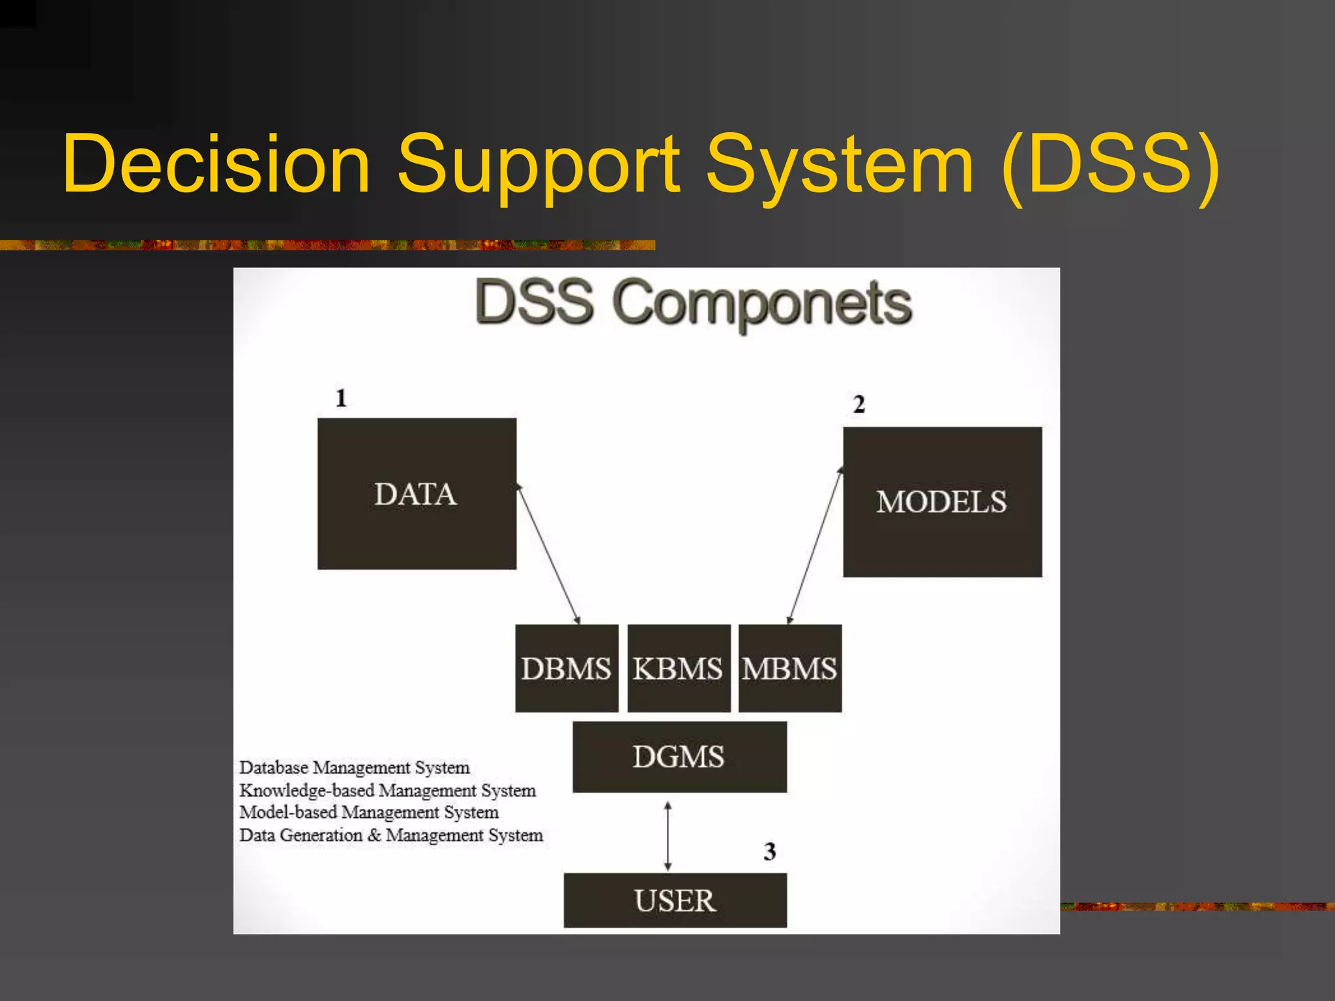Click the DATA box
417,493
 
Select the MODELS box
942,502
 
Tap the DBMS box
566,668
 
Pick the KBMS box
678,668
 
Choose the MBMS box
789,668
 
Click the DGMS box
679,757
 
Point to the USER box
675,900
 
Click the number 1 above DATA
341,398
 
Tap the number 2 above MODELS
858,404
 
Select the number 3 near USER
769,851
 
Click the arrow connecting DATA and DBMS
548,554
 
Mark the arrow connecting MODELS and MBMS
815,546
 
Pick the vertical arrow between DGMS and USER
667,836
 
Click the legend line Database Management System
354,768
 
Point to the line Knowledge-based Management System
387,791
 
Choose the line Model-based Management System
368,813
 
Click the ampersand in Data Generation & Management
374,835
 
